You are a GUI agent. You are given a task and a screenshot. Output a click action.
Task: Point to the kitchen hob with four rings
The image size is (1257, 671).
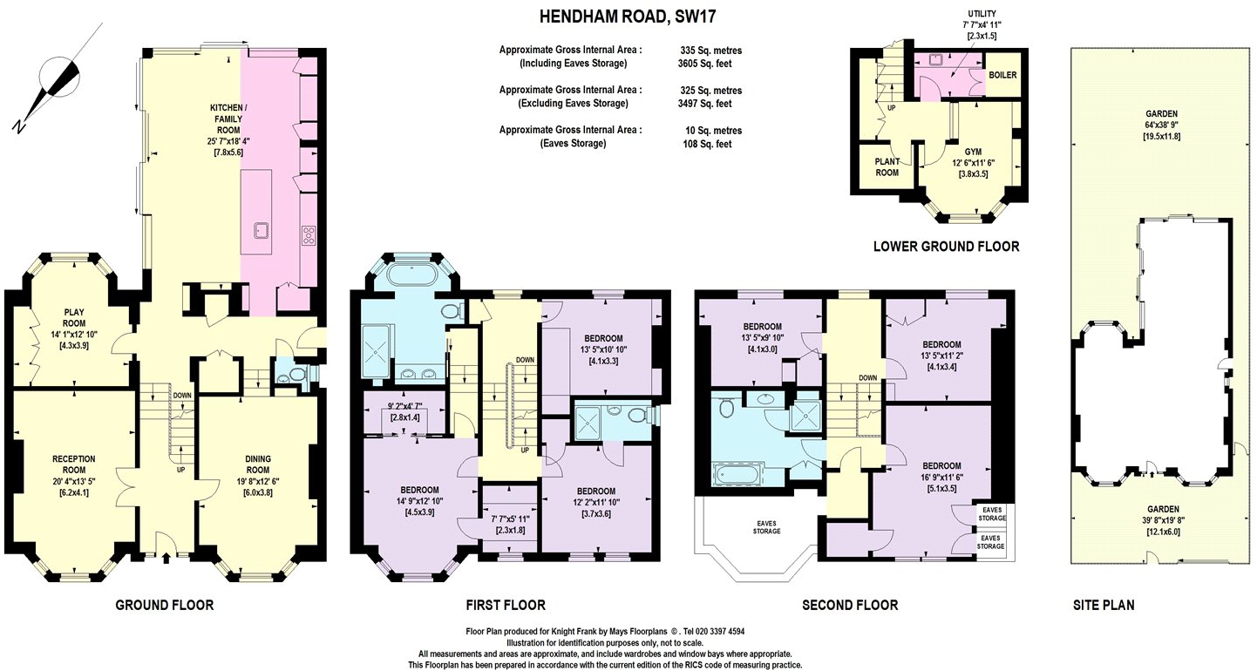pyautogui.click(x=309, y=234)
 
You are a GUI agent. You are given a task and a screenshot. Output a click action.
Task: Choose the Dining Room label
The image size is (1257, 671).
pyautogui.click(x=256, y=459)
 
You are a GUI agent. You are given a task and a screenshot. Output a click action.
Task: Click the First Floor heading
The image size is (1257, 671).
pyautogui.click(x=507, y=605)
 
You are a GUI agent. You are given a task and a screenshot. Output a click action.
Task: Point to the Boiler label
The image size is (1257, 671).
pyautogui.click(x=1002, y=75)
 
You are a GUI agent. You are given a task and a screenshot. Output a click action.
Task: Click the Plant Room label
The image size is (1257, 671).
pyautogui.click(x=887, y=166)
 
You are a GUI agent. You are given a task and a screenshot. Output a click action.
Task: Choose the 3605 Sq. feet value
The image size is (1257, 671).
pyautogui.click(x=705, y=64)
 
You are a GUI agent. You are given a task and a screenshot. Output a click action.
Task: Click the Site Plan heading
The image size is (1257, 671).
pyautogui.click(x=1103, y=605)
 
